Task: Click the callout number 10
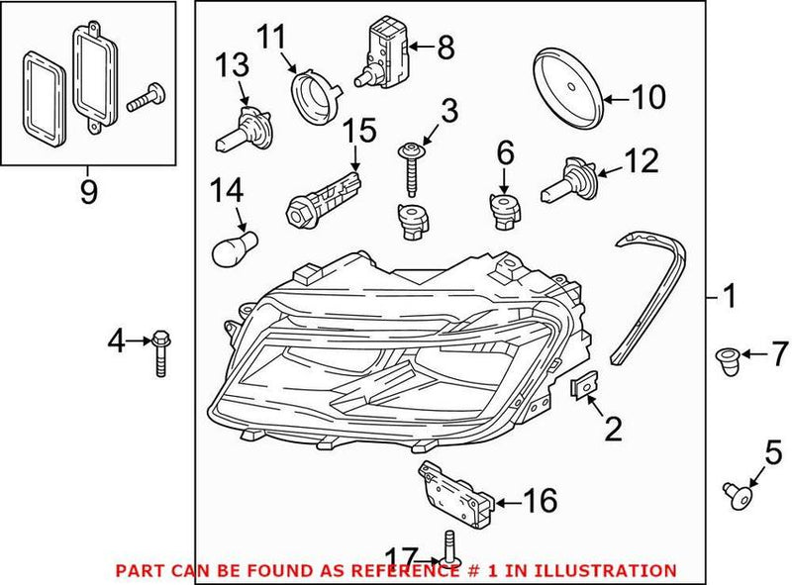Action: click(649, 97)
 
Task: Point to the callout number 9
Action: click(89, 189)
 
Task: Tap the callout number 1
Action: click(729, 295)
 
